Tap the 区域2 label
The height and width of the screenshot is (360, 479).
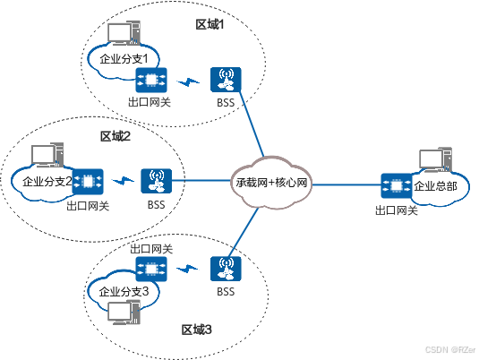[115, 136]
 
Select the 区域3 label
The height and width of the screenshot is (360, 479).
[197, 330]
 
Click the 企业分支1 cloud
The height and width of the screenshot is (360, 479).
[124, 59]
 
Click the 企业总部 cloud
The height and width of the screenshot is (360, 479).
[436, 188]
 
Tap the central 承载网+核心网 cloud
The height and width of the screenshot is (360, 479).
[271, 183]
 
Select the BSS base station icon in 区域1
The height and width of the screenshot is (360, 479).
[225, 81]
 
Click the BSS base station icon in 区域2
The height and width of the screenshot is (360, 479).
[157, 182]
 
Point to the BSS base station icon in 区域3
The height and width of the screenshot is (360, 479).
[224, 269]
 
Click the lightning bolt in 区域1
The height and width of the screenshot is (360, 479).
[187, 83]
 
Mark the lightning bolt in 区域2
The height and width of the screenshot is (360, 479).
[123, 182]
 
